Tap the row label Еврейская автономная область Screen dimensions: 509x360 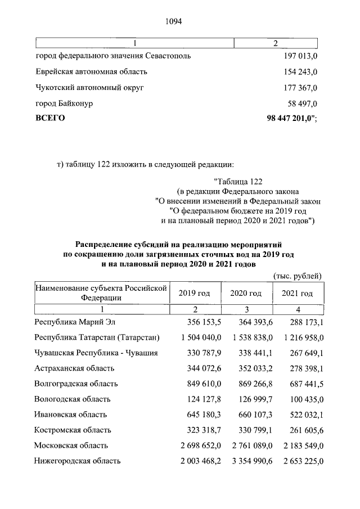point(91,72)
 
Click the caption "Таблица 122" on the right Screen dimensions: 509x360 point(238,181)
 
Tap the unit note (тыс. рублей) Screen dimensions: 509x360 point(298,276)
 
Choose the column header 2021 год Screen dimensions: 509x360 point(297,293)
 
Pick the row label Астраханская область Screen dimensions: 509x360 point(74,368)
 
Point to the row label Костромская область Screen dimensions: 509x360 point(73,430)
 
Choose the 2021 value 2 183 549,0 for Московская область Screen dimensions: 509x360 point(298,445)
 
